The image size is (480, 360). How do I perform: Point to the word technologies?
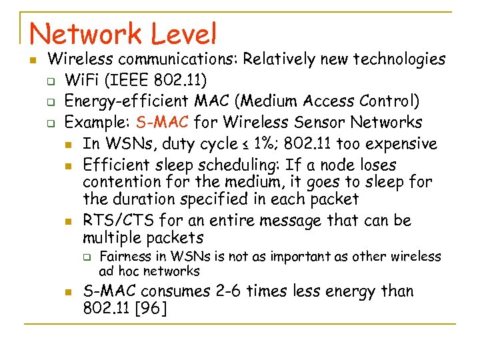click(399, 59)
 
